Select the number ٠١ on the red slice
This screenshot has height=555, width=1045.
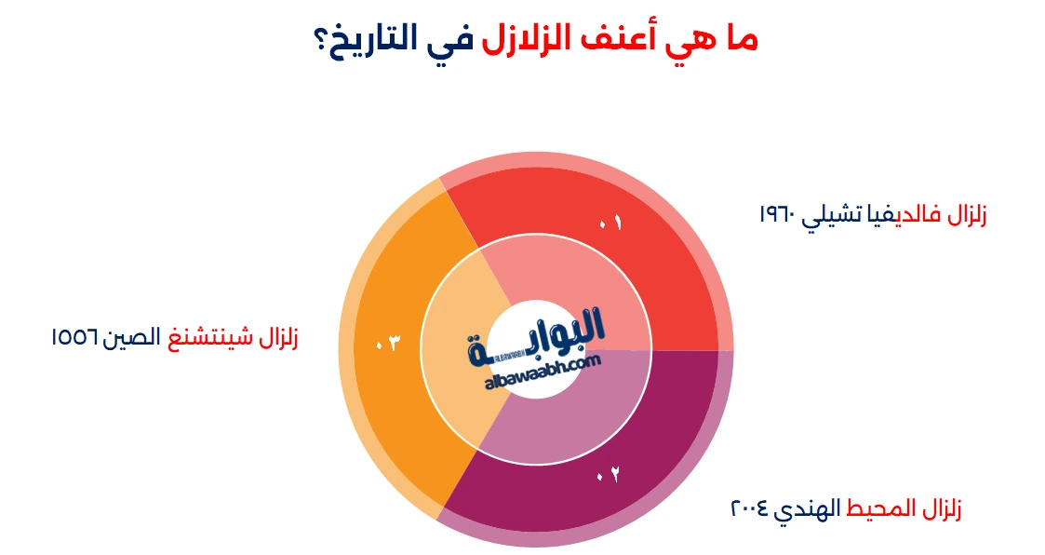(x=610, y=223)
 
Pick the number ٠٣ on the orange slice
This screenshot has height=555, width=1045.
(x=386, y=344)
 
